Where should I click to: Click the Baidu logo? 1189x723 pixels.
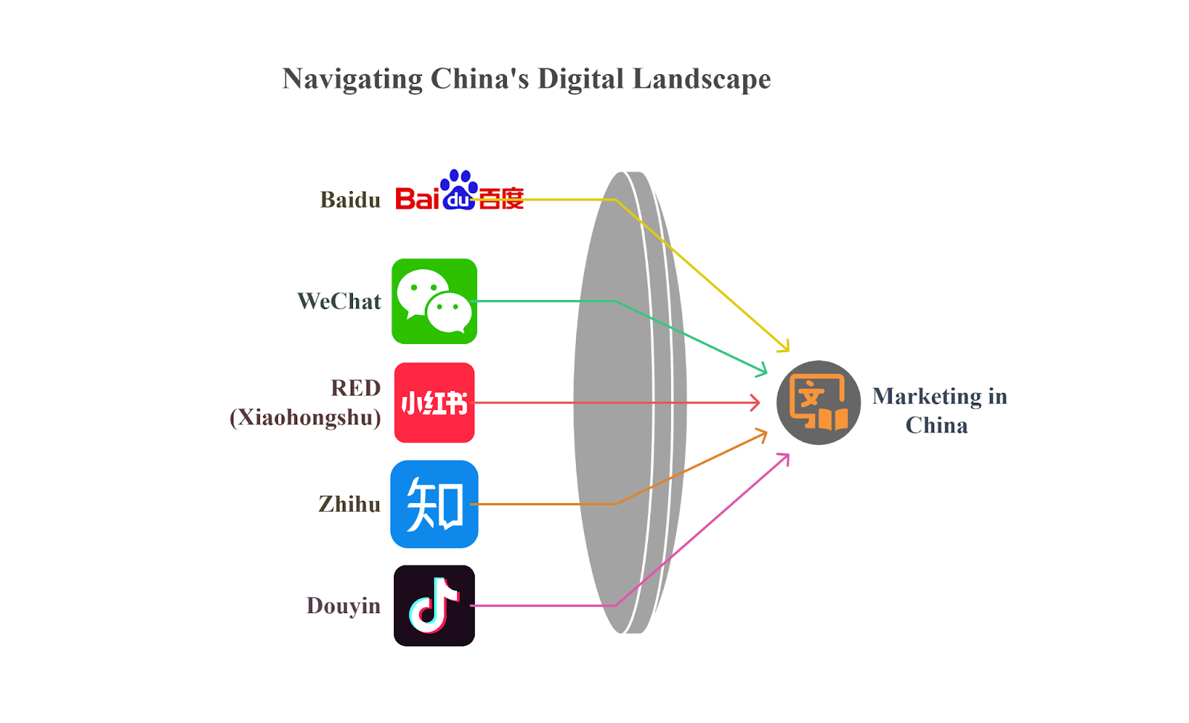459,192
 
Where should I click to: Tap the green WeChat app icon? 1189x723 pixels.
434,301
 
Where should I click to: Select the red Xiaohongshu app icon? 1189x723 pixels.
434,403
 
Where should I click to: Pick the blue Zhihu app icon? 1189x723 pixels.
434,504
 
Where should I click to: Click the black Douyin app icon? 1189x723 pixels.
434,606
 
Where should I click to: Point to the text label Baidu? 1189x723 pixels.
350,200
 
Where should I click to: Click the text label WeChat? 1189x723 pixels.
339,301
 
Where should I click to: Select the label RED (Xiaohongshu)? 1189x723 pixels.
306,403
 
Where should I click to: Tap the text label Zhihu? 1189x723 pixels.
349,505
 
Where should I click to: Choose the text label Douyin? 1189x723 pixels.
343,606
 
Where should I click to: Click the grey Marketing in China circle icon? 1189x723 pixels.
818,403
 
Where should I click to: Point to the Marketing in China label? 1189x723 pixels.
939,410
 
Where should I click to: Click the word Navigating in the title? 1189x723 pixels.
352,79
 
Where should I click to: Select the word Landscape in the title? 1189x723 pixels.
702,79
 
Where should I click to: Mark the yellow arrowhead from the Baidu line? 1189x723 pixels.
784,346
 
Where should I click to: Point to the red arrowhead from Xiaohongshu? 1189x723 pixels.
755,403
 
